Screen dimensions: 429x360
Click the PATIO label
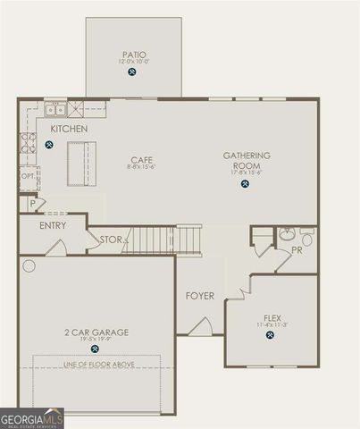point(134,55)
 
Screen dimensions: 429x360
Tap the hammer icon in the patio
point(133,72)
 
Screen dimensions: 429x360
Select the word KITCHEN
point(70,130)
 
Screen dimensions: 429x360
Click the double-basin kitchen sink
point(55,109)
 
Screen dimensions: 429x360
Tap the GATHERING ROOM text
point(246,161)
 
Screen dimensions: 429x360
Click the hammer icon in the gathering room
point(245,184)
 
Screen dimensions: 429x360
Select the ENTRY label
point(54,226)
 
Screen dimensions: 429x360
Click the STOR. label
point(111,240)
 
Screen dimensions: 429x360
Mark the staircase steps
point(161,240)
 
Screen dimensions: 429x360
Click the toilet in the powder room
point(306,239)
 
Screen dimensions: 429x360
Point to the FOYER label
point(199,296)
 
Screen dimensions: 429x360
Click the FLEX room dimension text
point(271,324)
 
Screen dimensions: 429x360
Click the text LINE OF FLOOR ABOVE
point(96,364)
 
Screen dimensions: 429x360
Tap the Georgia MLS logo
point(32,417)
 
